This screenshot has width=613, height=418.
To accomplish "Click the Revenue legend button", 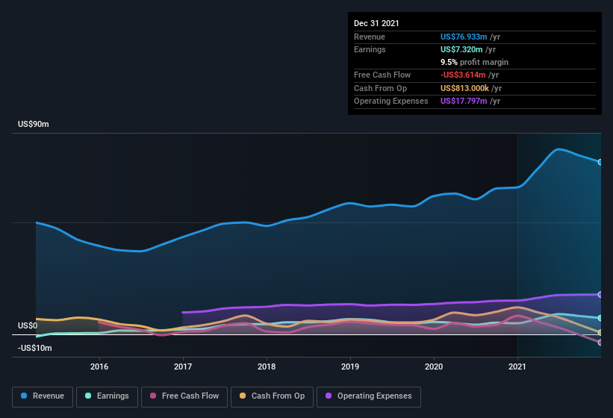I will [x=43, y=396].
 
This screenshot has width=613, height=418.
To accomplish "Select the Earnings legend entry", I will [x=107, y=396].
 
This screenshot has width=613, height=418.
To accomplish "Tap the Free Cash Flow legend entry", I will [x=186, y=396].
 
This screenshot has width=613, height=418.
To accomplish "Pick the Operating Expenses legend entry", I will [x=369, y=396].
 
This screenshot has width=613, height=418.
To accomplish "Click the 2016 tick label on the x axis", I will [x=99, y=366].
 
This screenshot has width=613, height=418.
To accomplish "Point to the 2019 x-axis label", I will [x=350, y=366].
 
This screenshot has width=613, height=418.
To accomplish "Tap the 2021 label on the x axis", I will [x=517, y=366].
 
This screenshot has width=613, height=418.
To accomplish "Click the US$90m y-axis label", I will [x=34, y=125].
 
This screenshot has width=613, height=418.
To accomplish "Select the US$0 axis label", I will [x=28, y=326].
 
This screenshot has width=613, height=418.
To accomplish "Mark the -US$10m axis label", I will [x=34, y=349].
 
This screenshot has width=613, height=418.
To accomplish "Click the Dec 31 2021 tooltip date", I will [x=376, y=23].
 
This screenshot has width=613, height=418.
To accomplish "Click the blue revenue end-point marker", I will [x=600, y=162].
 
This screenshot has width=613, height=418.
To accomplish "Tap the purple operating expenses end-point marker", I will [x=600, y=294].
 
